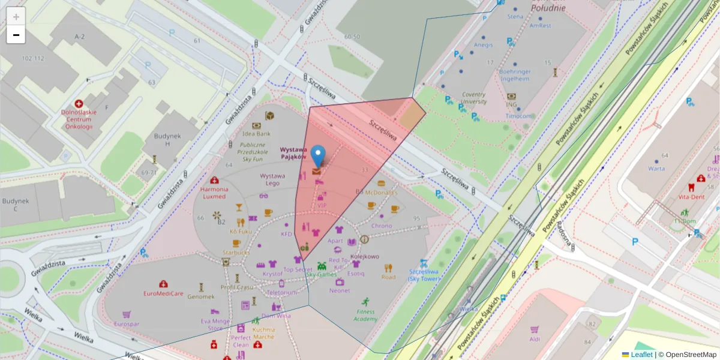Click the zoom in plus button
click(x=16, y=16)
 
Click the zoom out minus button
click(x=16, y=35)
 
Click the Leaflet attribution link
click(x=641, y=355)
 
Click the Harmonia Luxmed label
click(x=214, y=193)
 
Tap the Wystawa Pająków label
click(x=295, y=153)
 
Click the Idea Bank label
click(x=257, y=134)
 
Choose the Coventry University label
click(x=473, y=98)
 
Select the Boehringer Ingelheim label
click(x=515, y=75)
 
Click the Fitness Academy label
click(x=365, y=315)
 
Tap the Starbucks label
click(x=236, y=253)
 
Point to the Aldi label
click(x=535, y=339)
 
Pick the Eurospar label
click(x=127, y=324)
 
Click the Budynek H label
click(x=166, y=140)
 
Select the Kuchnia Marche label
click(x=264, y=333)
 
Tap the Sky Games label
click(x=322, y=274)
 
